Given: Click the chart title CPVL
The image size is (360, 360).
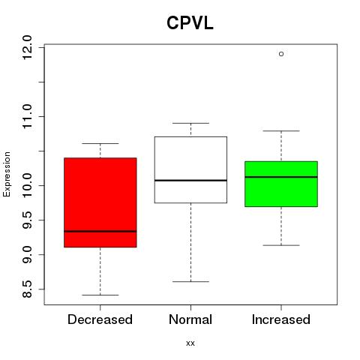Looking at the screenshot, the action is [190, 23].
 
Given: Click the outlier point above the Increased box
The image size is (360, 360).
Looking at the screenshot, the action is [281, 54].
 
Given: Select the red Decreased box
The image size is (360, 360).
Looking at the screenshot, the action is [100, 202].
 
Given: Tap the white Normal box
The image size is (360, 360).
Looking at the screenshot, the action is [190, 169].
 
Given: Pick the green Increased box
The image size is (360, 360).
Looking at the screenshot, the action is [281, 184].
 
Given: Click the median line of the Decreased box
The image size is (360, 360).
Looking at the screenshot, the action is [100, 231].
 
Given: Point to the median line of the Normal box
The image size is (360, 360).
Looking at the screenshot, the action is [190, 180].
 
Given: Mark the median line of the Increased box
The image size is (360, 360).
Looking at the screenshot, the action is [281, 177].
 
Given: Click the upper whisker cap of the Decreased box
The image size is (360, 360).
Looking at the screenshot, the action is [100, 143].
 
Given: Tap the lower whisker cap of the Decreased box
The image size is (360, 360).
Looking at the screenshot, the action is [100, 295].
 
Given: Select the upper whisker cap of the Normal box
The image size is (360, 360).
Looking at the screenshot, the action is [190, 123].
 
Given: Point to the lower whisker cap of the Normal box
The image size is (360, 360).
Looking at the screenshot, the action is [190, 281].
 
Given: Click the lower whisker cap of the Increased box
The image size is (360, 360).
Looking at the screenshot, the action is [281, 245].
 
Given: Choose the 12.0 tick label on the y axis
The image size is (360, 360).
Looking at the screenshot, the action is [27, 47].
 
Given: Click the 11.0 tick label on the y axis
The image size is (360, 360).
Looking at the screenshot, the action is [27, 116].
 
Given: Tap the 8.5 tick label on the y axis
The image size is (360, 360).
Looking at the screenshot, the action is [27, 289].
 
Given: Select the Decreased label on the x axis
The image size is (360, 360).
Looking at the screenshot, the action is [100, 319].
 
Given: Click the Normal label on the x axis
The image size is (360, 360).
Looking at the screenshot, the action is [190, 319].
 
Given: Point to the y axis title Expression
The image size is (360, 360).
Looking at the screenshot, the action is [7, 174].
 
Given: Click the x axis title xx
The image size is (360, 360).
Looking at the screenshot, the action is [190, 343].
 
